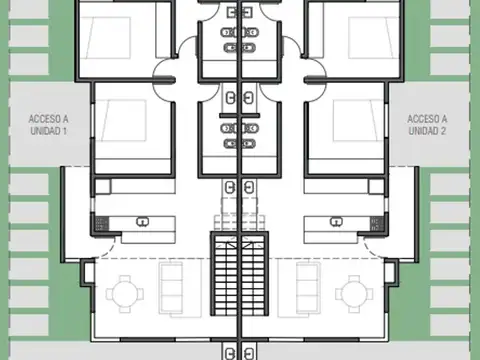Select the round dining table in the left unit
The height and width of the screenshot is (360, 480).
tap(125, 292)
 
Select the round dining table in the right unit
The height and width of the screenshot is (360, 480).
tap(354, 292)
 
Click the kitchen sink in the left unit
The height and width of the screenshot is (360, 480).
tap(142, 221)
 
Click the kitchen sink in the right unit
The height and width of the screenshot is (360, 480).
tap(339, 221)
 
